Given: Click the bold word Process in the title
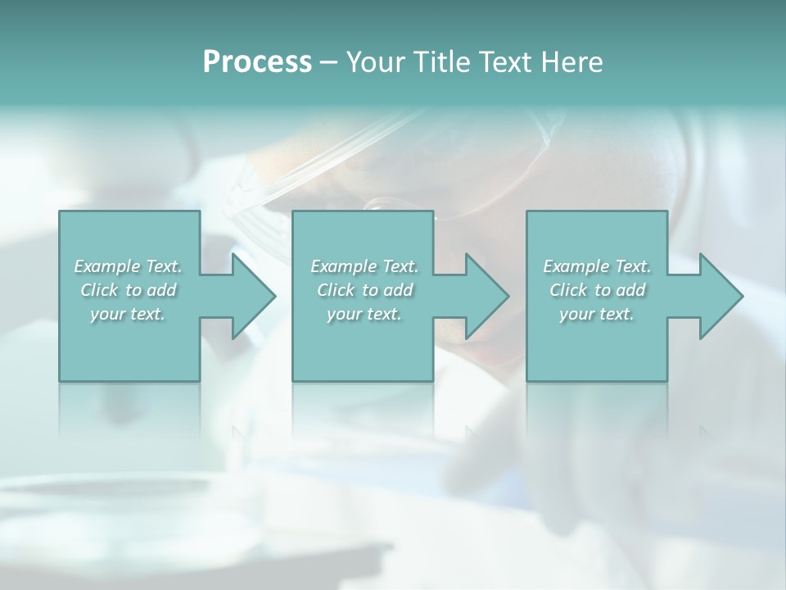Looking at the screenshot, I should coord(257,62).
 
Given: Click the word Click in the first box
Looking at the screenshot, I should coord(98,290).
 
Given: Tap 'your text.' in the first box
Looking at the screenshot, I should coord(128,314).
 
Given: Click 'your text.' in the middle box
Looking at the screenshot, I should coord(364,314).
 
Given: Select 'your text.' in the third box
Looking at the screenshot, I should coord(597,314).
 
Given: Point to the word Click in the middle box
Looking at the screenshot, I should coord(335,290).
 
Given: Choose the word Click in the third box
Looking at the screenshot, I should coord(568,290).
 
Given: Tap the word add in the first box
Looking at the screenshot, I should coord(162,290).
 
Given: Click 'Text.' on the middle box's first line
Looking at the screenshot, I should coord(400,266).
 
